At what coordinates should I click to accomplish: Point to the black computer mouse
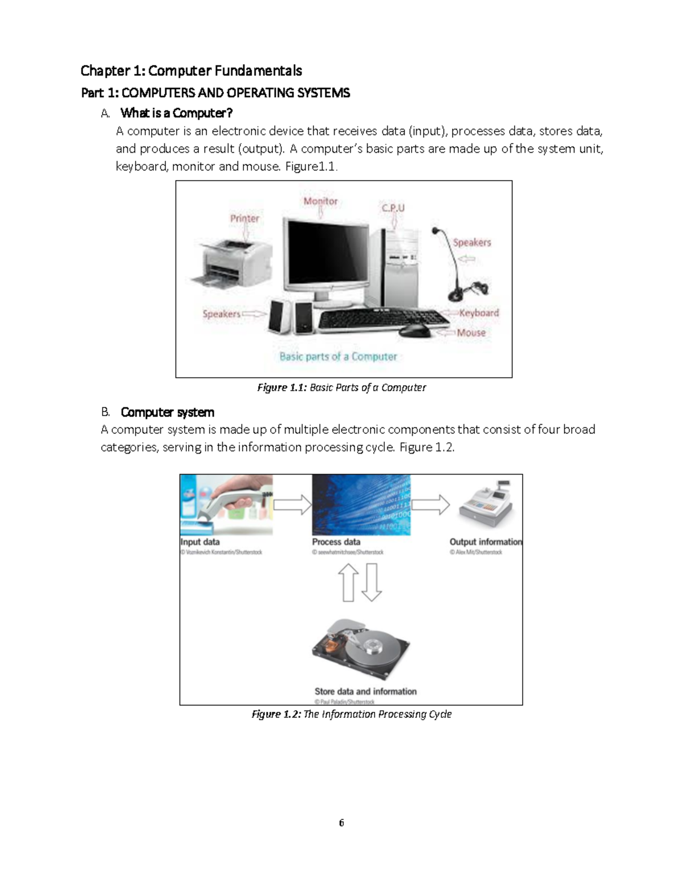point(414,331)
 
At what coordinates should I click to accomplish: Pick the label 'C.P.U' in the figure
point(393,208)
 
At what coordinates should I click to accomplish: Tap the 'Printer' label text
point(245,218)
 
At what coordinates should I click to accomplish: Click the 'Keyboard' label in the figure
point(479,313)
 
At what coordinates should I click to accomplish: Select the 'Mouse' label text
point(471,333)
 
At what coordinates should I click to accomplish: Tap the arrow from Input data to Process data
point(292,504)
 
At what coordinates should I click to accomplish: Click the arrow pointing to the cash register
point(430,504)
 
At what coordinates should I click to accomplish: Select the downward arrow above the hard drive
point(372,582)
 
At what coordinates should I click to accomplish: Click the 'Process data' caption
point(336,542)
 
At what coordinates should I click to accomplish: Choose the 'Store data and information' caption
point(365,691)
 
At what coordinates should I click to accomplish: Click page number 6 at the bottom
point(341,823)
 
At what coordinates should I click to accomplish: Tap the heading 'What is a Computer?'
point(177,113)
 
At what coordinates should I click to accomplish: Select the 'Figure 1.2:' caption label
point(276,714)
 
